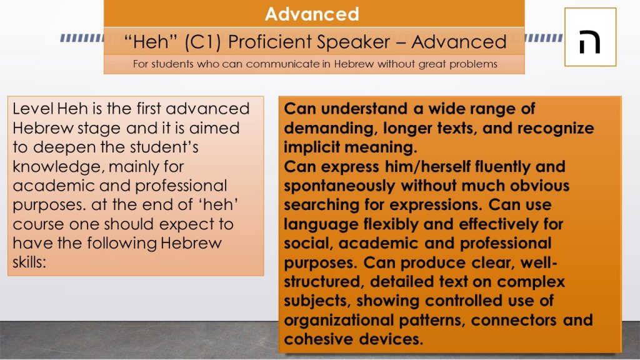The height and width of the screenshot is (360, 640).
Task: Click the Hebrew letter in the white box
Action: tap(590, 41)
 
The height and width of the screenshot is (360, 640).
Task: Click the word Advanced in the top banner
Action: tap(312, 14)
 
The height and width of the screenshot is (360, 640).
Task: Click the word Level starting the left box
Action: tap(33, 109)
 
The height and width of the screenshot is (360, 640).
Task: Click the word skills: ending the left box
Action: tap(29, 262)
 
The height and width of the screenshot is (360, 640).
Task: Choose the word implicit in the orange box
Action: tap(312, 147)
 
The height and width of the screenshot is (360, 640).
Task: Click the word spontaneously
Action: tap(339, 186)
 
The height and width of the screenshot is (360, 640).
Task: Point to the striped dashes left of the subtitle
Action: tap(82, 38)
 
